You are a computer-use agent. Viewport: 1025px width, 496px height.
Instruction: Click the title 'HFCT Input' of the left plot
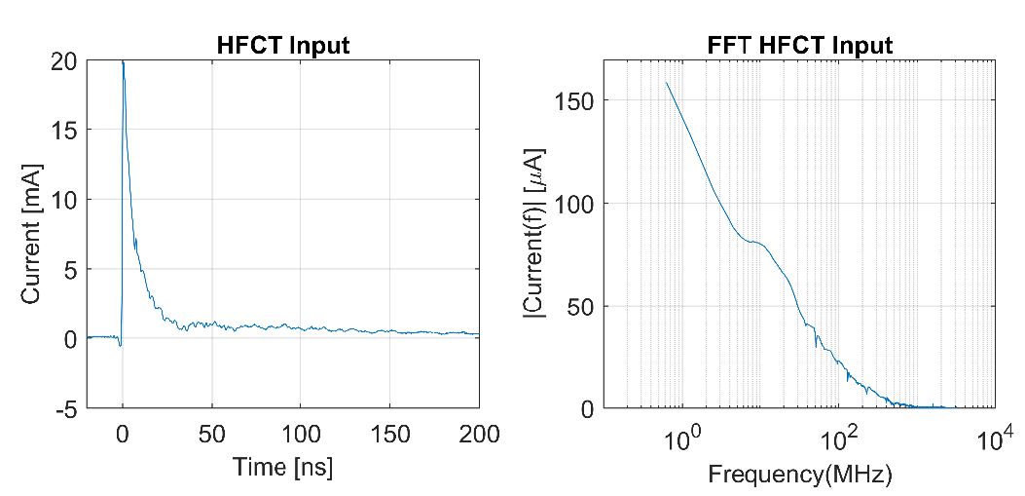point(281,45)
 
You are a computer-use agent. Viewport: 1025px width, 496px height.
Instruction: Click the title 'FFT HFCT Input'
point(799,45)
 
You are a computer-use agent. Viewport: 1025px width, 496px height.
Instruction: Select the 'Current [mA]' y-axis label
point(32,234)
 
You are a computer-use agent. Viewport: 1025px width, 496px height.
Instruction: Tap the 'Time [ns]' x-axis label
point(282,467)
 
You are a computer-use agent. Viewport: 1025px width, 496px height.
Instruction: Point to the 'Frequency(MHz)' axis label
point(799,476)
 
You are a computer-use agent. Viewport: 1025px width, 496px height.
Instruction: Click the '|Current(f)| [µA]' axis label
point(533,234)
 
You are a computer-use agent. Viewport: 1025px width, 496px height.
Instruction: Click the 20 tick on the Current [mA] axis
point(64,60)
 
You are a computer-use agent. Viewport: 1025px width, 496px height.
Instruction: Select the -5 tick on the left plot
point(64,408)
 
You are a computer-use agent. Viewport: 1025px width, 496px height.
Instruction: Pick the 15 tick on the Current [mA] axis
point(64,130)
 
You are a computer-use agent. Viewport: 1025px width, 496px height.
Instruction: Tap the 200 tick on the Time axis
point(479,434)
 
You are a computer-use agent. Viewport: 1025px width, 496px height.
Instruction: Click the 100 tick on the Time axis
point(301,434)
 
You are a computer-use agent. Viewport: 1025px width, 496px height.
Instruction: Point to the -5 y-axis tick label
point(64,408)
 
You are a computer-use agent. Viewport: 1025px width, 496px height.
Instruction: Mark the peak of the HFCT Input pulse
point(123,61)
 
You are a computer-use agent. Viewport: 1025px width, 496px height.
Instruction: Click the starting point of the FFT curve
point(667,82)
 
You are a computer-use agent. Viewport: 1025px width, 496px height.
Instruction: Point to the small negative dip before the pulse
point(120,345)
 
